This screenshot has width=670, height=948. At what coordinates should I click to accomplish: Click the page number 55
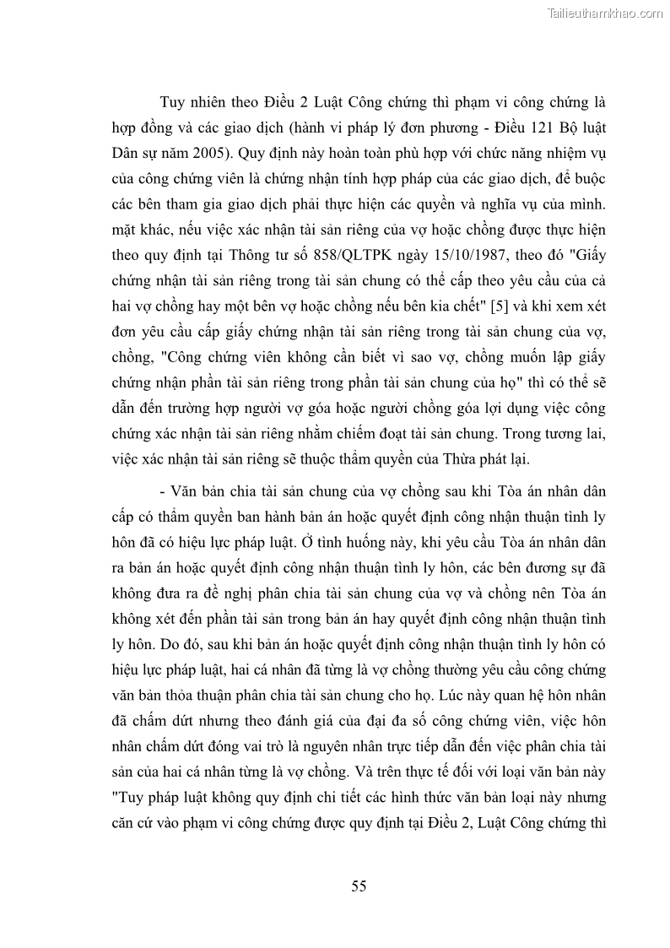tap(359, 886)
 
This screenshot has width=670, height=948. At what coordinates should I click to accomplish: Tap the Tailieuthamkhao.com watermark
tap(605, 13)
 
